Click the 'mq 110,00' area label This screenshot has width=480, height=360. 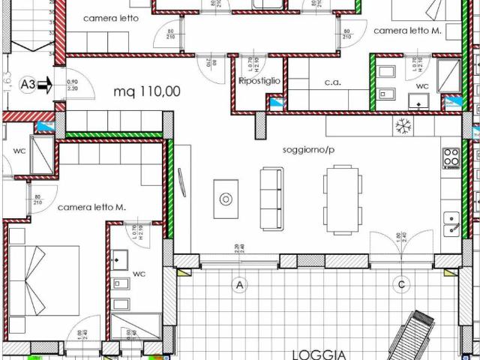(x=147, y=91)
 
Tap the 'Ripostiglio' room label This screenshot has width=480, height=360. (x=259, y=81)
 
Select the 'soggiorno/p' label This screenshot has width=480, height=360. (x=308, y=149)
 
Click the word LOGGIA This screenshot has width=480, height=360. (x=319, y=354)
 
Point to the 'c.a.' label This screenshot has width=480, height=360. (x=332, y=82)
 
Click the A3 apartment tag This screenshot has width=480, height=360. (x=28, y=86)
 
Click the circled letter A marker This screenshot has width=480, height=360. (x=240, y=284)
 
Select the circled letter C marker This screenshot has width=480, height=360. (x=402, y=284)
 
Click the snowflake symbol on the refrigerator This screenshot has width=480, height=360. (x=404, y=126)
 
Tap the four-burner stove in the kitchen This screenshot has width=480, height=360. (x=451, y=157)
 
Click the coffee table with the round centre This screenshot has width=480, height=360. (x=226, y=199)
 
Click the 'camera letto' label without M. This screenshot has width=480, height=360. (x=110, y=18)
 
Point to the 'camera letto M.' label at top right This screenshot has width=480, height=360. (x=407, y=31)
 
